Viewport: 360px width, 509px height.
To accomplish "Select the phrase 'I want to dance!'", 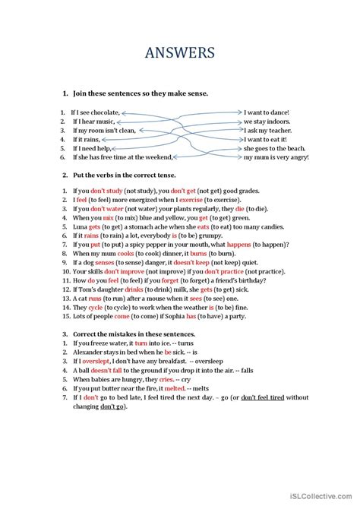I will click(266, 112).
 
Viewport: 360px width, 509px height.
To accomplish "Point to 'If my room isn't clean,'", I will click(104, 130).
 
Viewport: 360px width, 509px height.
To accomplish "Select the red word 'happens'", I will click(222, 246).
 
